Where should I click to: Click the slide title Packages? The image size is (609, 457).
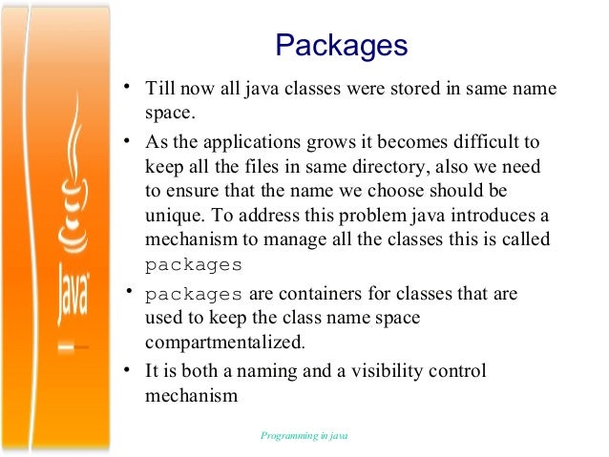click(341, 46)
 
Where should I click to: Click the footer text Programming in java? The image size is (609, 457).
click(304, 436)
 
